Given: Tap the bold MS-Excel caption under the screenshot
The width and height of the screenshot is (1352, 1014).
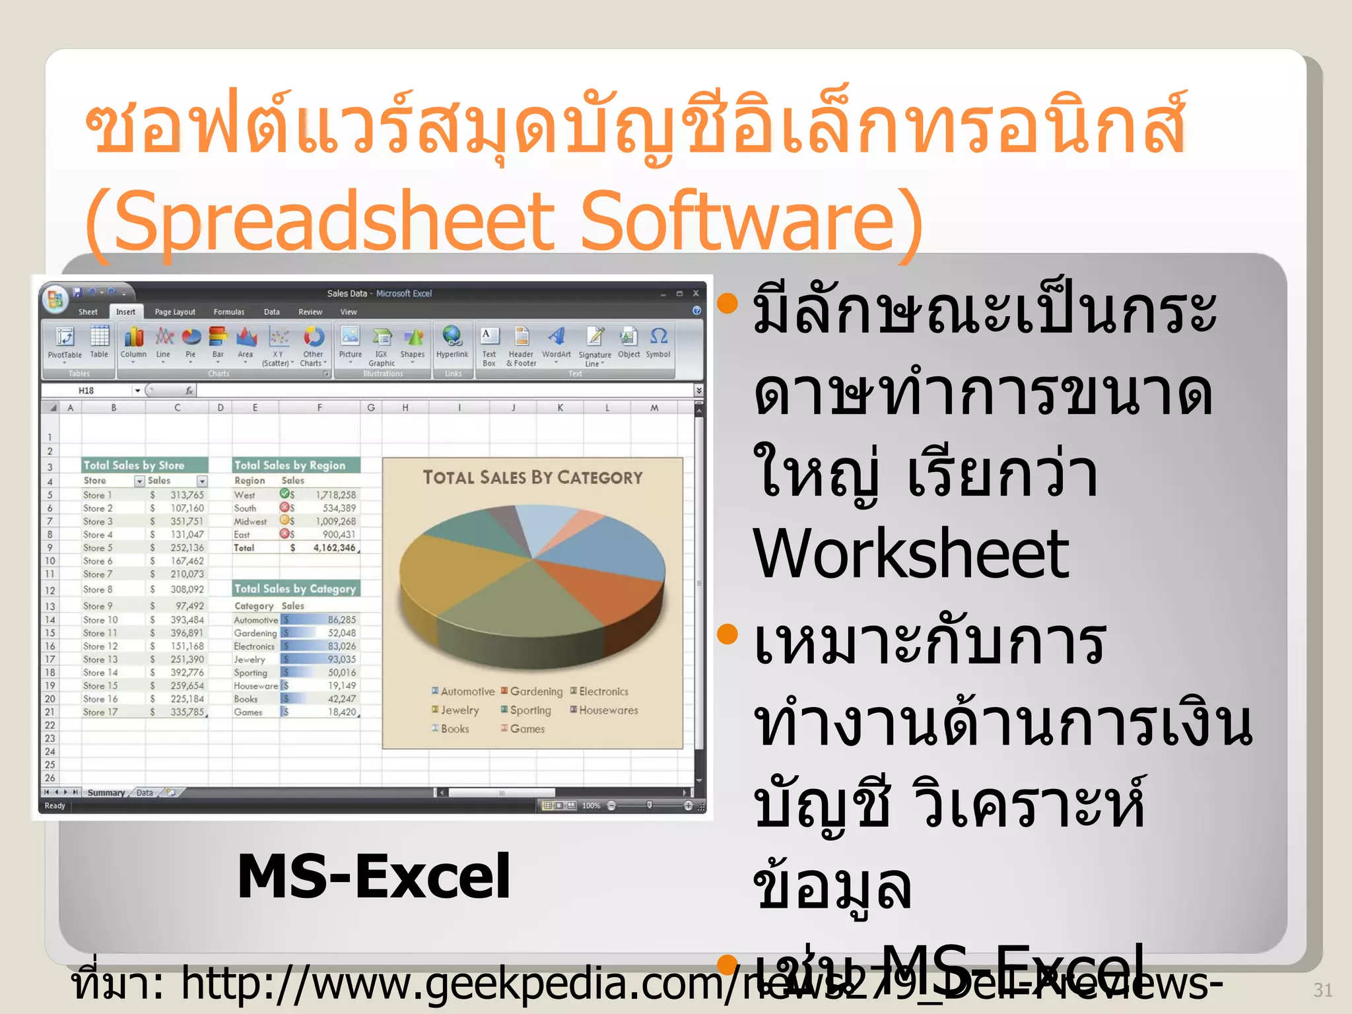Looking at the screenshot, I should tap(374, 877).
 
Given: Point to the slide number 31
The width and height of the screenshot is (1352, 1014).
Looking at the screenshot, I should tap(1322, 990).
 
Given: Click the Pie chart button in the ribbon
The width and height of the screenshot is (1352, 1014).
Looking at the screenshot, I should tap(191, 343).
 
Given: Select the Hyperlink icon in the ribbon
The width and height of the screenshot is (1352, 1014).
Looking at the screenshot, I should tap(452, 343).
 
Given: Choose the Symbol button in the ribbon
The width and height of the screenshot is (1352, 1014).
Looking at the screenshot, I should tap(658, 343).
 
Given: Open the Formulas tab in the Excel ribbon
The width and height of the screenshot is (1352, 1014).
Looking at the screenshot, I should tap(228, 312).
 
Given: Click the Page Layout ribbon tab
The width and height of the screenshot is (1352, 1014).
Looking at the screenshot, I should tap(175, 312).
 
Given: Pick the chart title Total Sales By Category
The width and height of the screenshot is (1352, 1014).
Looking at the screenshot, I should tap(532, 477).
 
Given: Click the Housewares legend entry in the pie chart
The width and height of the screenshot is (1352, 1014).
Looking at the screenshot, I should tap(608, 710).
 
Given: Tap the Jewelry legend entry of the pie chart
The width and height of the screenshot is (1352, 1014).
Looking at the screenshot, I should tap(459, 710).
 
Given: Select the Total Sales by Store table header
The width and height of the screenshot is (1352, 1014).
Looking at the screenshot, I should tap(134, 465).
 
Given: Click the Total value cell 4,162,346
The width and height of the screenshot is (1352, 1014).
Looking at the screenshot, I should tap(334, 548).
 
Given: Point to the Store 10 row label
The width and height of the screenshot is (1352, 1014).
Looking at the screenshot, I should tap(100, 620).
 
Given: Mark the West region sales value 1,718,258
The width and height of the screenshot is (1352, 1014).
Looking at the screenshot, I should tap(335, 495).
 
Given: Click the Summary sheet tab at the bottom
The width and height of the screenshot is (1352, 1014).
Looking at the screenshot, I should tap(106, 793).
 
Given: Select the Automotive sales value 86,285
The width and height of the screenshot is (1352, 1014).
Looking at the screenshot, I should tap(341, 620).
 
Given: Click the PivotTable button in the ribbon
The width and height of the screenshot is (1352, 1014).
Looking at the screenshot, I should tap(65, 343).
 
